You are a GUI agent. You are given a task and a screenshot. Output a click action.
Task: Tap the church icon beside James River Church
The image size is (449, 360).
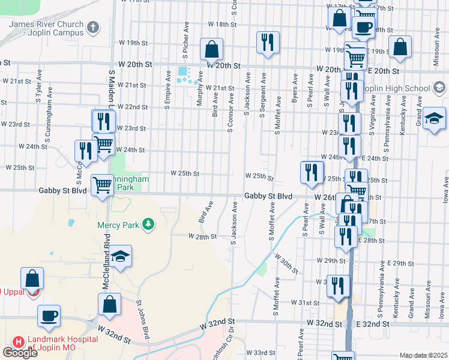pos(92,26)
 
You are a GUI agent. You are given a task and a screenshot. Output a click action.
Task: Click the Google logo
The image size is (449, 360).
pos(20,353)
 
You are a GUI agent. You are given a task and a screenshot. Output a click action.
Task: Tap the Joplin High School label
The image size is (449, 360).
pos(399,89)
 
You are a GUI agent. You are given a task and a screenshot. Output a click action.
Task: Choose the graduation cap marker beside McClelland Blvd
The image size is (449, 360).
pos(120,257)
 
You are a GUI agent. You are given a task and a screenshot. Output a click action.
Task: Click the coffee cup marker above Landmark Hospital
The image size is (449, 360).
pos(49,316)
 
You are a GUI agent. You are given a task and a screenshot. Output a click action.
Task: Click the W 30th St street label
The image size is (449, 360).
pos(286,263)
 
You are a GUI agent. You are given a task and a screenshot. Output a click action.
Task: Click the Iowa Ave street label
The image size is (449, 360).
pos(445,190)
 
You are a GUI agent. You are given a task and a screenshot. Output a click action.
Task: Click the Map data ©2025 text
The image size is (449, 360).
pos(423,355)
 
